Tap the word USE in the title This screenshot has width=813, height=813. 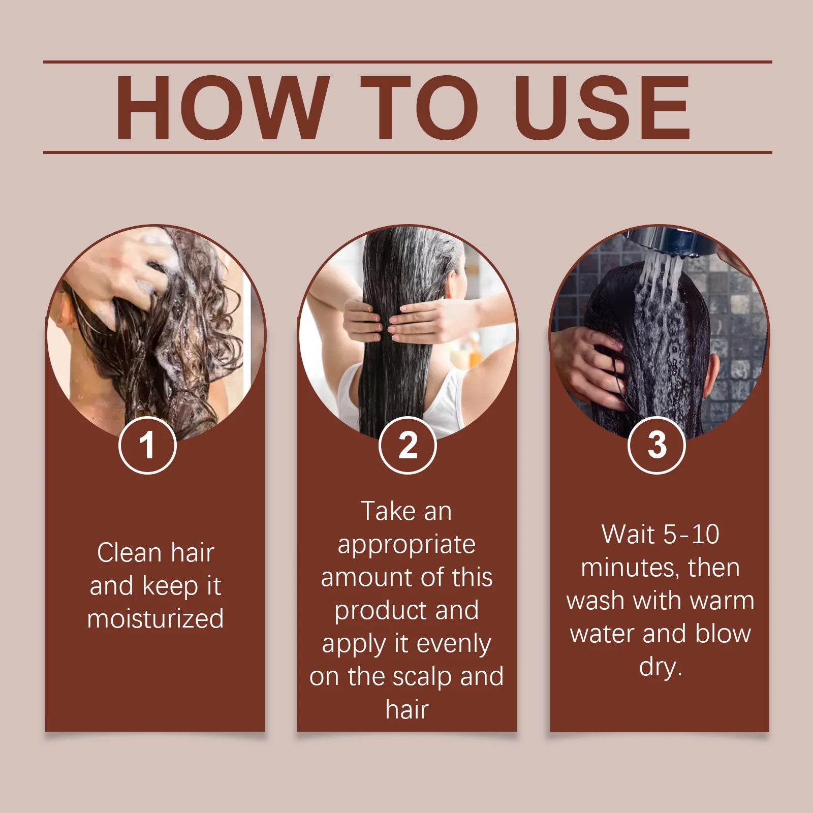coord(604,108)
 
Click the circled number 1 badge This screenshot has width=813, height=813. coord(147,445)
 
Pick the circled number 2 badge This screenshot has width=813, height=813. coord(408,445)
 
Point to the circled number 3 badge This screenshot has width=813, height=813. coord(656,445)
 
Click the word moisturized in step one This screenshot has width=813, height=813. coord(155,618)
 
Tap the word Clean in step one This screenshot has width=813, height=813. coord(130,552)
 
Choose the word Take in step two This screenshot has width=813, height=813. coord(385,511)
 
